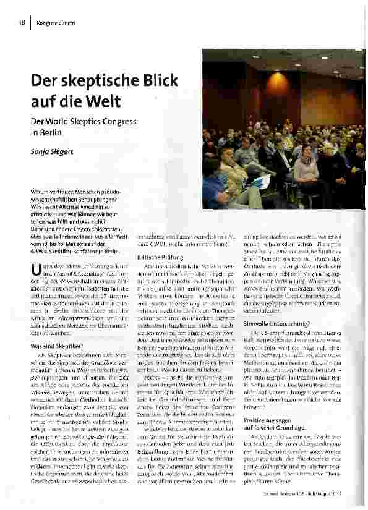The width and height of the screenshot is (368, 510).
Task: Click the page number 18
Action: pos(20,23)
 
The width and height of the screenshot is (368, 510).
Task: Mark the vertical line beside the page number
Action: pos(29,23)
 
